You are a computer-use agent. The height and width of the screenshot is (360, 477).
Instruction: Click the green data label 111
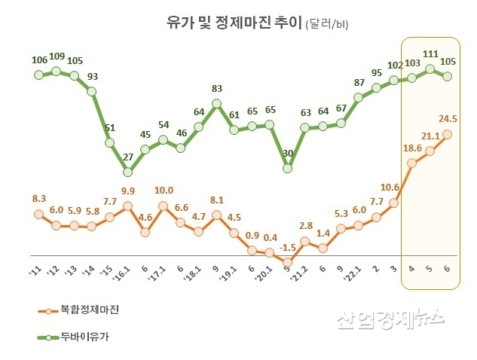pos(431,54)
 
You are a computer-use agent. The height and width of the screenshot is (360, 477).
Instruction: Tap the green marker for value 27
pos(128,172)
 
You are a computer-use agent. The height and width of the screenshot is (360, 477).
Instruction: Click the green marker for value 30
pos(287,168)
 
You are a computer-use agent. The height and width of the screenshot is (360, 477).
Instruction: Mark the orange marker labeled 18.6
pos(412,163)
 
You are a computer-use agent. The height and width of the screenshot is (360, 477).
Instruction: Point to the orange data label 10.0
pos(164,191)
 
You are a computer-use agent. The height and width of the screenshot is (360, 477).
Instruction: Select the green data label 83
pos(216,88)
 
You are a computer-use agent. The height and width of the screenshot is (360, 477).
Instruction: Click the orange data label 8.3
pos(39,198)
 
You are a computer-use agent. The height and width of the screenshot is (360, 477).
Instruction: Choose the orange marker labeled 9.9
pos(128,206)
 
